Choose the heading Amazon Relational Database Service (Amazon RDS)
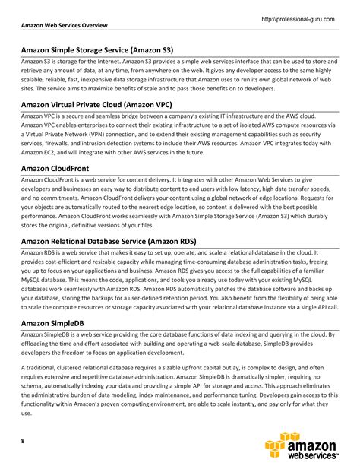(109, 242)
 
